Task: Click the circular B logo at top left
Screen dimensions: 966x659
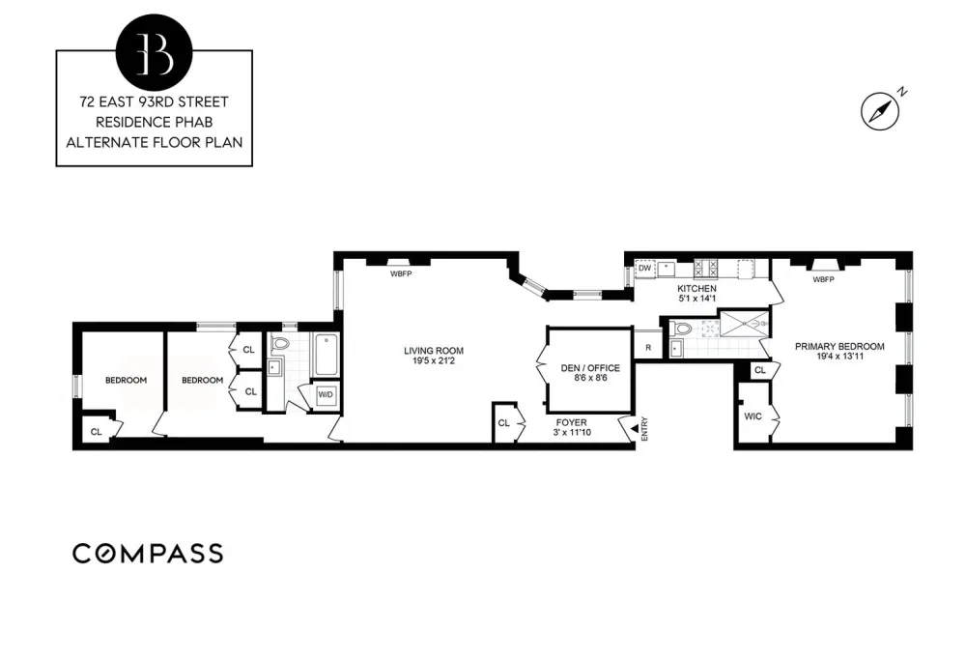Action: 154,52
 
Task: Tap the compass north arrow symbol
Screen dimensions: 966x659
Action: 880,111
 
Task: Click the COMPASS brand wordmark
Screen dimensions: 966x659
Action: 148,554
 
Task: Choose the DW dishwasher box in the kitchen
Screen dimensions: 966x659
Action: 644,269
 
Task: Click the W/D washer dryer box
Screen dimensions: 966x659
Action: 326,394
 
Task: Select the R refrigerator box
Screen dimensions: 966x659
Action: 648,347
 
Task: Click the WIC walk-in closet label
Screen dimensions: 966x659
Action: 753,416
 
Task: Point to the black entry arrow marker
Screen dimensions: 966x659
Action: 634,426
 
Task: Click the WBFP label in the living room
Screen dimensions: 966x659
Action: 401,273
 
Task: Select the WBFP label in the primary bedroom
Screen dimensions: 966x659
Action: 823,279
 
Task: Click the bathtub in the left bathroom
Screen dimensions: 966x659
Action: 326,355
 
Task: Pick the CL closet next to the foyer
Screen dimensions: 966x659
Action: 504,423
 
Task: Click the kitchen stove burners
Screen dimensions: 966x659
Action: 705,269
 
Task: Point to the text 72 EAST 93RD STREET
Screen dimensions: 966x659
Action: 154,101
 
